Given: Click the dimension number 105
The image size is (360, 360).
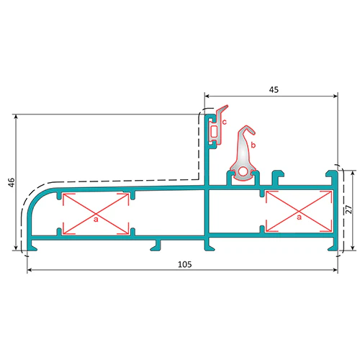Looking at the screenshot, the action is pyautogui.click(x=185, y=264).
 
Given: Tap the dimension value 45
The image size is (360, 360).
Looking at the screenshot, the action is pyautogui.click(x=274, y=90).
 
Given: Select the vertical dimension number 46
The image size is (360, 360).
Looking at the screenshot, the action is pyautogui.click(x=12, y=182).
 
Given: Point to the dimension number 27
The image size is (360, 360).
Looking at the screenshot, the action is pyautogui.click(x=349, y=210).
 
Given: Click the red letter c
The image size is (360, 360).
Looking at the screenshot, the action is pyautogui.click(x=225, y=122).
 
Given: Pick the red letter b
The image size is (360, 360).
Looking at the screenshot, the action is pyautogui.click(x=253, y=145).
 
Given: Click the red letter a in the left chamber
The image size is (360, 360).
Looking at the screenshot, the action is pyautogui.click(x=96, y=219).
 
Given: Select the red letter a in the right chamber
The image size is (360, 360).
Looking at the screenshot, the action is pyautogui.click(x=299, y=217).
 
